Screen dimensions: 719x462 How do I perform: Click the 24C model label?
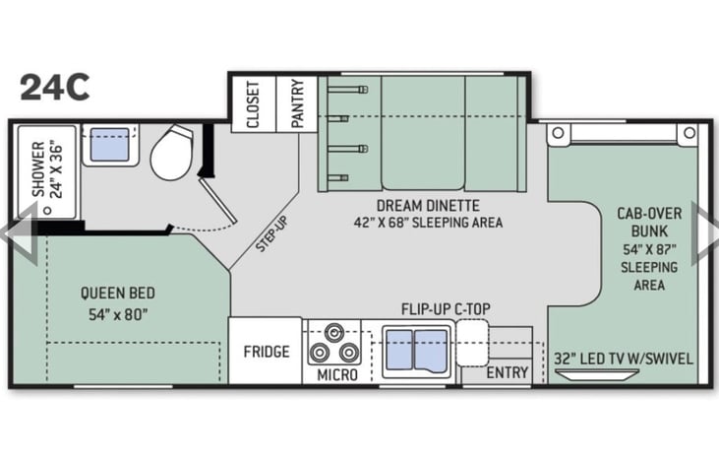point(54,88)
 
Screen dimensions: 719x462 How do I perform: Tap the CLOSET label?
point(253,104)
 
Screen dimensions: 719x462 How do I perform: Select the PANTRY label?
point(297,103)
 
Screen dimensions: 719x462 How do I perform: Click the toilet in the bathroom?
point(171,153)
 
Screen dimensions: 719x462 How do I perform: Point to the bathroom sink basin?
point(109,144)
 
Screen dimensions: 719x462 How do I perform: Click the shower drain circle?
point(47,211)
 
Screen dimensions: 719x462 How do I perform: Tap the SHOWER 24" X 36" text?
point(46,169)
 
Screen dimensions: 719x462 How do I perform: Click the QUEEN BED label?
point(118,293)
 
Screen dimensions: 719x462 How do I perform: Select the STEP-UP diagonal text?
point(271,233)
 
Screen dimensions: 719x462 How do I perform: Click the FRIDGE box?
point(266,351)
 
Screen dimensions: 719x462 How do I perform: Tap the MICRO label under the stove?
point(337,374)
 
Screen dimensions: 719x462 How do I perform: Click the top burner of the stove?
point(333,332)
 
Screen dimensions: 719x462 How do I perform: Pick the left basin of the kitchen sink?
point(399,350)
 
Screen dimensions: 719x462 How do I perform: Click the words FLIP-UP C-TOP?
point(446,309)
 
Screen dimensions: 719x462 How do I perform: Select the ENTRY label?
point(508,373)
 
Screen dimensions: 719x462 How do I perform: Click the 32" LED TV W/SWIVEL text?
point(624,359)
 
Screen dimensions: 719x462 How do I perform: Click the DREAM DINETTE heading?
point(428,205)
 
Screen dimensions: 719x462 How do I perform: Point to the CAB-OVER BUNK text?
point(649,223)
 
